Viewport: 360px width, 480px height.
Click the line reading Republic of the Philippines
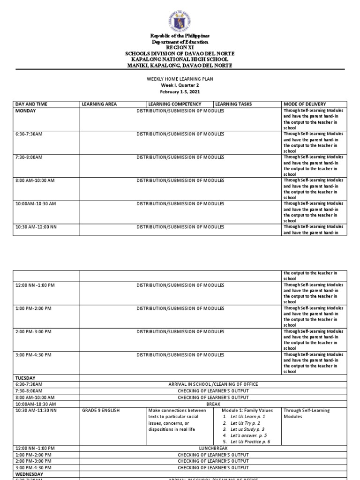click(180, 36)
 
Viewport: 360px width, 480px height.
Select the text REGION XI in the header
click(180, 48)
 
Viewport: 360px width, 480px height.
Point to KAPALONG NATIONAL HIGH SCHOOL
click(180, 60)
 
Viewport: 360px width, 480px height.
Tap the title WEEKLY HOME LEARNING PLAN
click(180, 79)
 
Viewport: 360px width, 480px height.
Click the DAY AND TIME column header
click(31, 104)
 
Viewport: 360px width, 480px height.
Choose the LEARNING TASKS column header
click(231, 104)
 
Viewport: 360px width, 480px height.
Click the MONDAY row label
click(25, 111)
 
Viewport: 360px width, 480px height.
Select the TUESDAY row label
click(25, 377)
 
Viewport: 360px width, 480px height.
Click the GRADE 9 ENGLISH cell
click(101, 410)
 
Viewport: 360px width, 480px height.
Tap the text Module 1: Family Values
click(247, 410)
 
